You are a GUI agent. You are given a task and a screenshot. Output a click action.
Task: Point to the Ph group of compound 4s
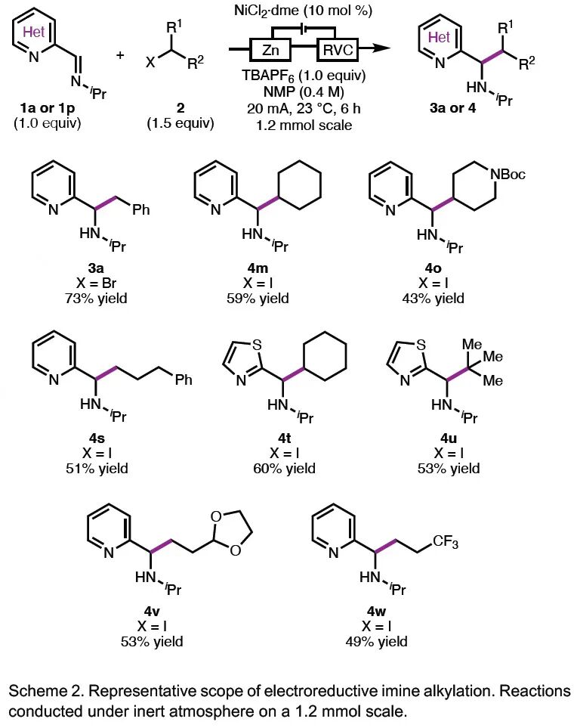click(x=183, y=379)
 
